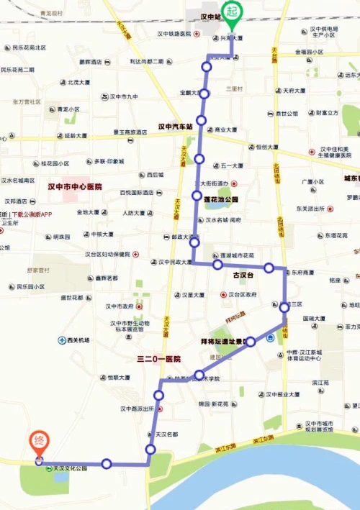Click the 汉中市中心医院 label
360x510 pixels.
click(75, 187)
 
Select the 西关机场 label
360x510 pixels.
click(77, 340)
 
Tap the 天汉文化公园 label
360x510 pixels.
click(70, 469)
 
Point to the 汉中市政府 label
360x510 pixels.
click(120, 306)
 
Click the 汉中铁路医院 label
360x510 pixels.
click(174, 33)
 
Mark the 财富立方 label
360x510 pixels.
click(325, 113)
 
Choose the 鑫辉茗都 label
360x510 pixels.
click(104, 278)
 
